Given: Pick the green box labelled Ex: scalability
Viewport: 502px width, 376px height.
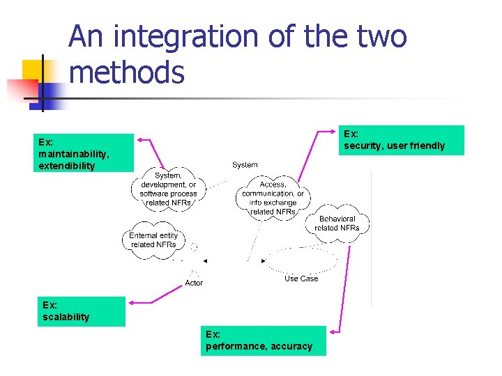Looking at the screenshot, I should coord(81,311).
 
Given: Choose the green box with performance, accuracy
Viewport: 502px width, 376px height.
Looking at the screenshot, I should coord(263,340).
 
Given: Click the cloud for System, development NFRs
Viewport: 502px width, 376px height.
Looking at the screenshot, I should coord(168,189).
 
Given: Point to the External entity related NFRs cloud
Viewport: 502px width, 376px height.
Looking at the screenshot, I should coord(153,240).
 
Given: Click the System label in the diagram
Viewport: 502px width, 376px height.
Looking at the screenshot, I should coord(245,165).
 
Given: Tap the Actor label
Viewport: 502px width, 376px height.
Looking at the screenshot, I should coord(194,283).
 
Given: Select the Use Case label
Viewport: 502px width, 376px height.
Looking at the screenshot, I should coord(301,279).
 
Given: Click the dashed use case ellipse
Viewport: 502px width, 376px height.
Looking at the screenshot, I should coord(301,260).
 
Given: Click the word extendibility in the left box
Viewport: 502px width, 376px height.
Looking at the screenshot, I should coord(67,166).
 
